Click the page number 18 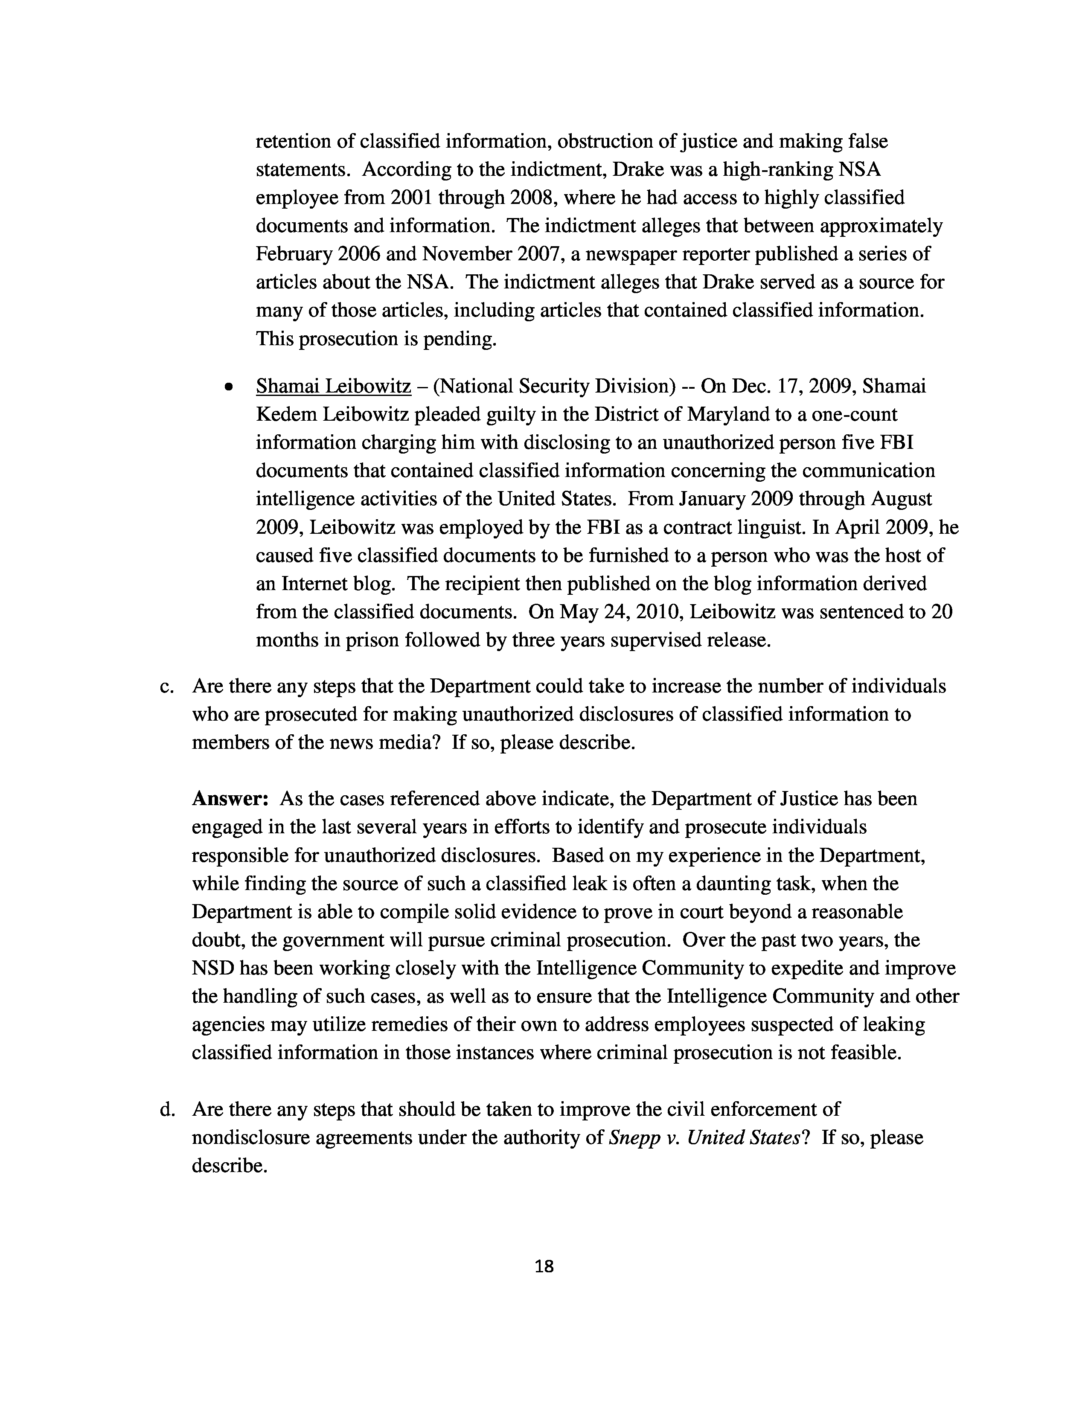click(544, 1267)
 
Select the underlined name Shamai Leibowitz click(333, 386)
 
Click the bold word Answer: click(230, 799)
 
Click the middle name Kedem click(285, 415)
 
